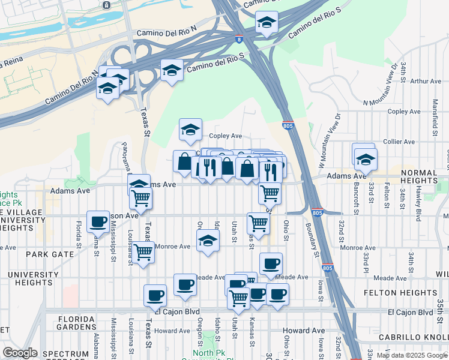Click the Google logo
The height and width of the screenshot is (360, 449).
(x=20, y=353)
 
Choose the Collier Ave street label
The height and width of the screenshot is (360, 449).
(x=399, y=142)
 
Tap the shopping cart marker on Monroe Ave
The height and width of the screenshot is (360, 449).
(x=143, y=252)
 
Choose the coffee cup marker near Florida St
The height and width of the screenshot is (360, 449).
(x=97, y=221)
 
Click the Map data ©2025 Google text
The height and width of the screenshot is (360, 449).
(x=412, y=355)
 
